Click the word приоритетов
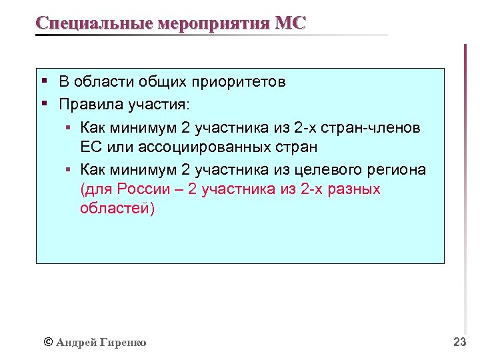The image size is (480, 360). pos(239,83)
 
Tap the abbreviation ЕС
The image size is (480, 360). pos(90,146)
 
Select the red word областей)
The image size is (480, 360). pos(117,209)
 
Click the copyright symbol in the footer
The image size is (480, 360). pos(47,342)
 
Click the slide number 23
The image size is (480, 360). pos(459,342)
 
